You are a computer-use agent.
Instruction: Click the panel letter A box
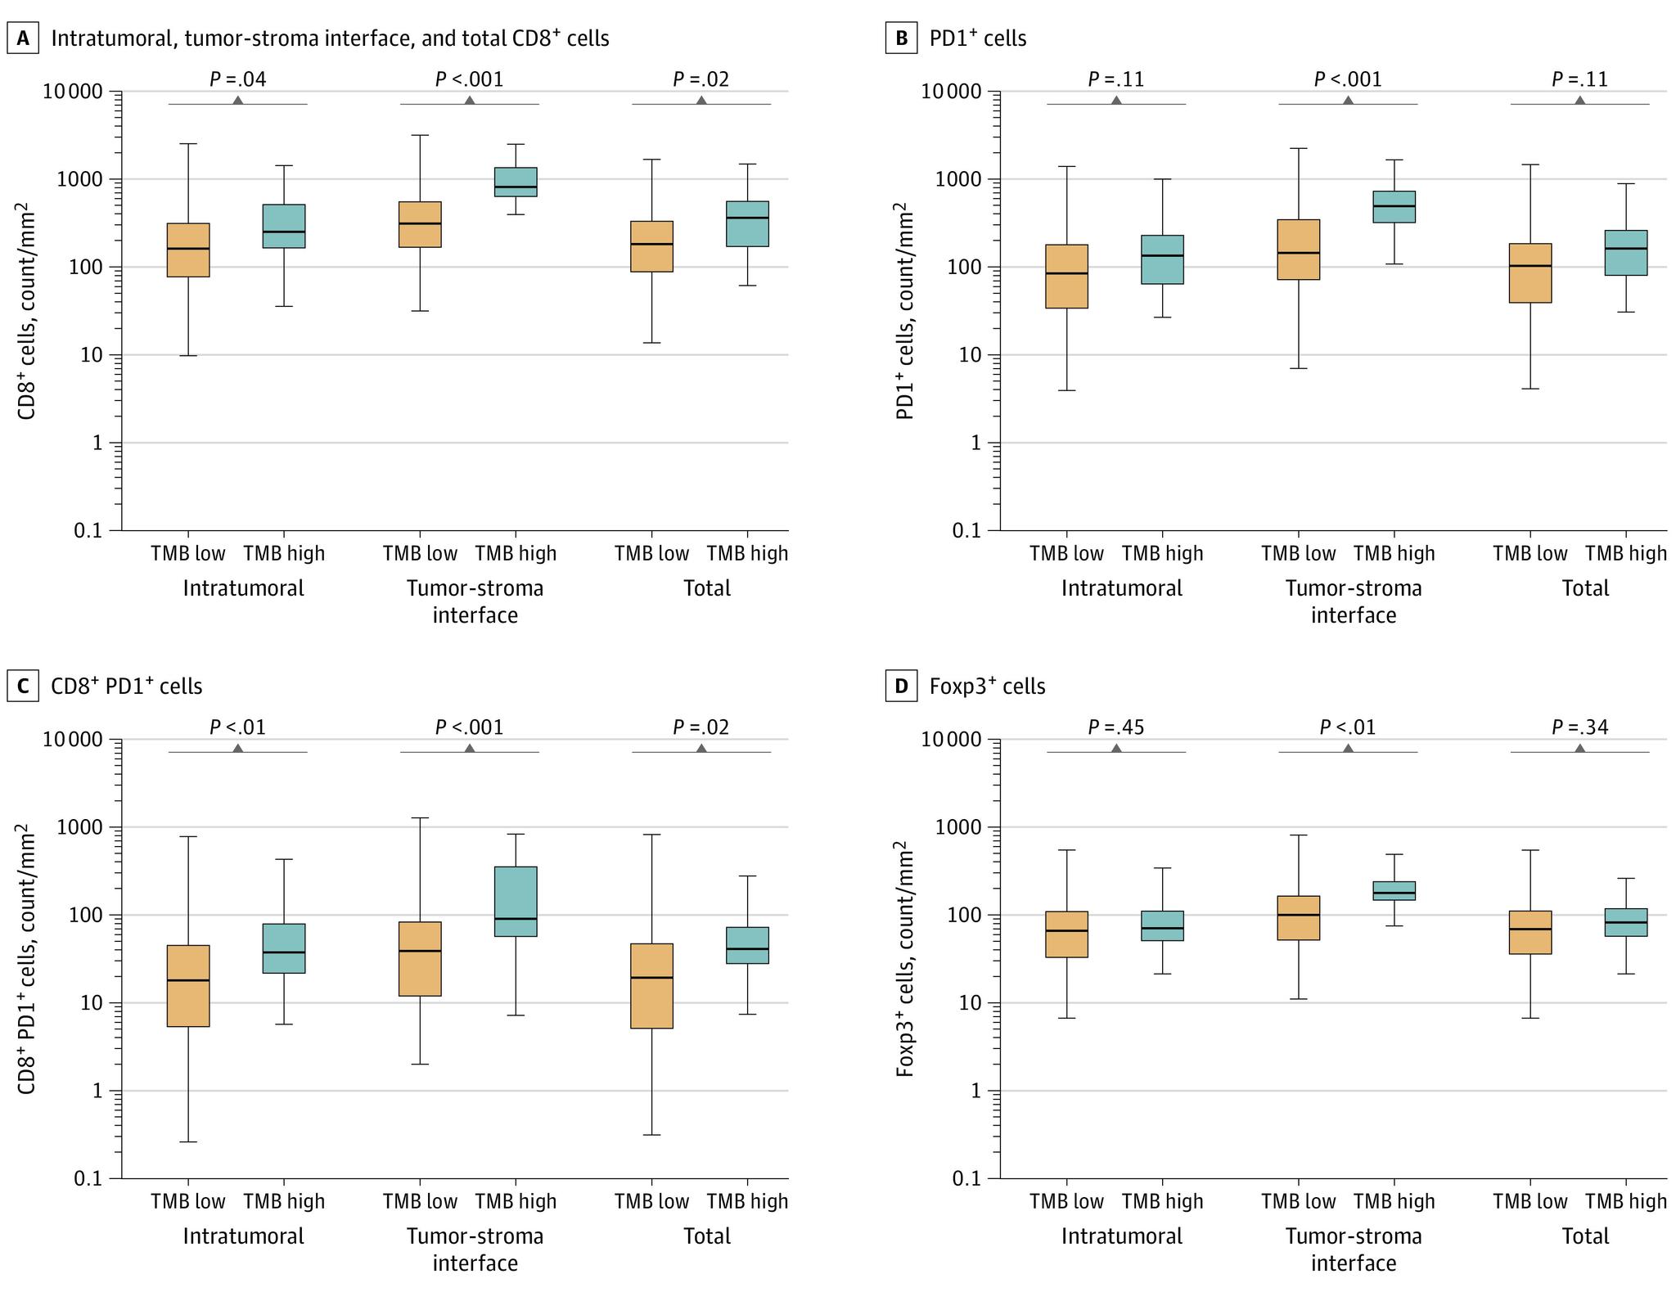coord(23,38)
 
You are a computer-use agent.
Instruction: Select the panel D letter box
coord(901,686)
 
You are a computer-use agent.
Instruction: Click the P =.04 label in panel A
coord(238,79)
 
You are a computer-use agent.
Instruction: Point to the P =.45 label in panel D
coord(1116,727)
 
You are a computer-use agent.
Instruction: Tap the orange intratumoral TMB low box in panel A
coord(188,250)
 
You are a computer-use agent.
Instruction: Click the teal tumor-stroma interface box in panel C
coord(516,901)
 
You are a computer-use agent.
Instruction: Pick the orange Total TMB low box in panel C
coord(652,985)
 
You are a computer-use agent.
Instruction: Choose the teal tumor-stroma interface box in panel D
coord(1394,890)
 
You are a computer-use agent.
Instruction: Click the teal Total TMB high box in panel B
coord(1626,253)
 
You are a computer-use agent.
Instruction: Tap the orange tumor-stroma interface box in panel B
coord(1299,250)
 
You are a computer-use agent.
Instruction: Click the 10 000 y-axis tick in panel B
coord(952,92)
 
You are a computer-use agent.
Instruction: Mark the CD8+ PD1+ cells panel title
coord(127,686)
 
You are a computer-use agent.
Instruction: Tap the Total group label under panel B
coord(1585,588)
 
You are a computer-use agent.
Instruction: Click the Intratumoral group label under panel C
coord(243,1236)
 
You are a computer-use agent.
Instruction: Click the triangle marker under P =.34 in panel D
coord(1579,748)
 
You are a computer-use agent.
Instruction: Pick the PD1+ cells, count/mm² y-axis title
coord(905,311)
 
